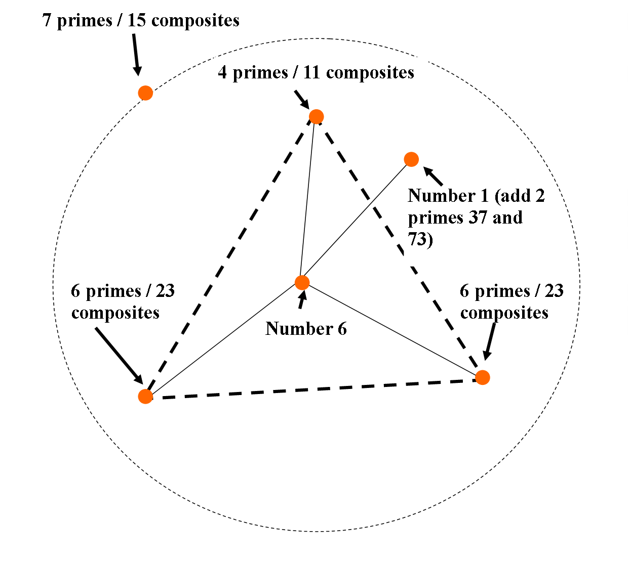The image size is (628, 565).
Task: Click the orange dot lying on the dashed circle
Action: (145, 93)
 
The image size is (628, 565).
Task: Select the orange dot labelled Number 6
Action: (302, 282)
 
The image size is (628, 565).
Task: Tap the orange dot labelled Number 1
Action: (411, 159)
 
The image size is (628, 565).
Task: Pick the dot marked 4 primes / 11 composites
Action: (316, 117)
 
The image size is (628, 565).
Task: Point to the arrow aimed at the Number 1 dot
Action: (433, 177)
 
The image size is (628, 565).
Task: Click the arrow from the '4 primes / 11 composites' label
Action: (302, 99)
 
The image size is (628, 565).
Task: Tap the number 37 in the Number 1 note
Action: (467, 218)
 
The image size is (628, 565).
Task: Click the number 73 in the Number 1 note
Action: (417, 239)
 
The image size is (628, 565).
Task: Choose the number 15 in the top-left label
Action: (136, 21)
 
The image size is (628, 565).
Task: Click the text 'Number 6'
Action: (306, 329)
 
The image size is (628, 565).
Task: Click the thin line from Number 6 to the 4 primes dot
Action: (308, 200)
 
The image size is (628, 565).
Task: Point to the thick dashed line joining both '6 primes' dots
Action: (314, 388)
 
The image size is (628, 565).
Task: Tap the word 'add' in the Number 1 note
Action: (512, 196)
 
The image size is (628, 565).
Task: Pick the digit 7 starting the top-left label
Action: (47, 21)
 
